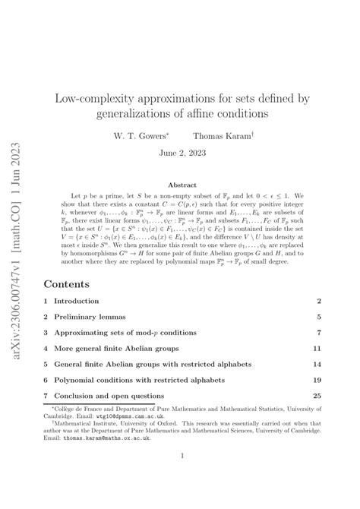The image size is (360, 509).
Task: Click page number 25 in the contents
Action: (315, 396)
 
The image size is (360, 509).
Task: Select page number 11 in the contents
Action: (315, 329)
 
